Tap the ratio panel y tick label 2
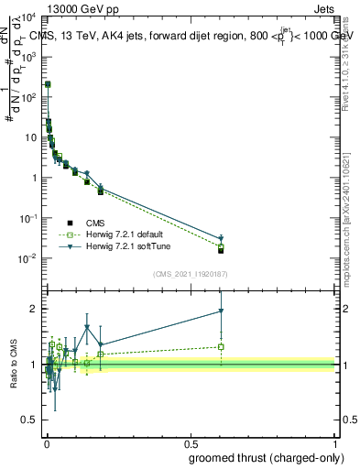(x=34, y=309)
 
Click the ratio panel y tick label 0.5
(x=30, y=420)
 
